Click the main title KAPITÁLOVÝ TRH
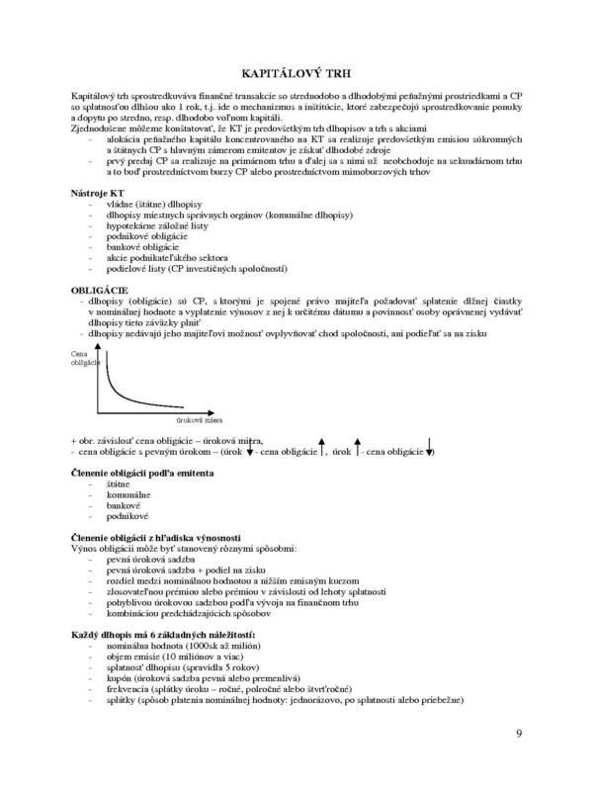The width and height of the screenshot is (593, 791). coord(296,75)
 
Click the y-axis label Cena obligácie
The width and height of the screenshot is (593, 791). coord(84,358)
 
